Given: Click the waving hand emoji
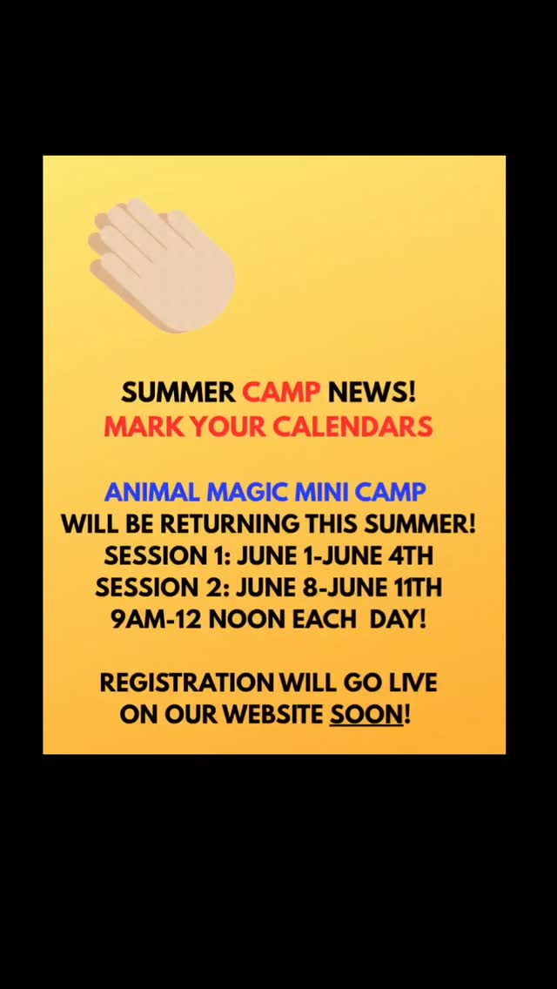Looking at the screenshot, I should click(x=163, y=266).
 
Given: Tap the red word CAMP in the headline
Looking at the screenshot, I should click(x=281, y=393).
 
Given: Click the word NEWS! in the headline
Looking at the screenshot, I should click(x=372, y=393).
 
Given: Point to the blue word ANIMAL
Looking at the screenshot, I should click(x=152, y=492).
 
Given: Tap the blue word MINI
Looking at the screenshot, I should click(x=321, y=492).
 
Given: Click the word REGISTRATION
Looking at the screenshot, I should click(x=186, y=683).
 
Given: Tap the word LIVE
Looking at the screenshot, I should click(x=407, y=683).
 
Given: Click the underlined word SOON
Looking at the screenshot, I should click(x=366, y=715).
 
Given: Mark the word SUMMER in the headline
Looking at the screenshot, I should click(x=178, y=393).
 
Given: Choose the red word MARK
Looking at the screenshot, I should click(x=140, y=427).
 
